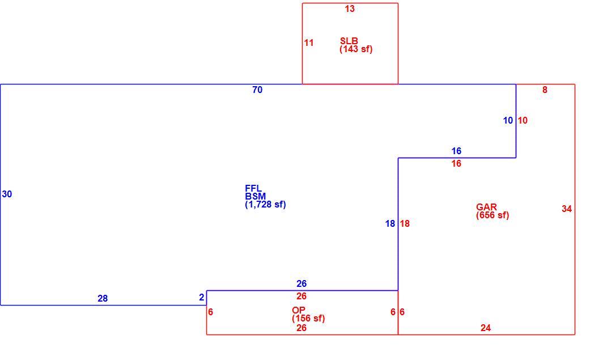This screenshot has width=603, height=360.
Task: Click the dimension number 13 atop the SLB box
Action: click(350, 9)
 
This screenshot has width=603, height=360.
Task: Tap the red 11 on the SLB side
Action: click(309, 43)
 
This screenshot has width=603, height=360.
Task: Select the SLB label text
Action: click(349, 41)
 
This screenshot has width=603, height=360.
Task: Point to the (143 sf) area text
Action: click(356, 49)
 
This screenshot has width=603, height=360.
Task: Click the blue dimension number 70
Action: click(257, 90)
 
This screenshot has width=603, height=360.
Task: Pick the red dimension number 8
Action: click(545, 90)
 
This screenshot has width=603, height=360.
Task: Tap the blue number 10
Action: click(508, 120)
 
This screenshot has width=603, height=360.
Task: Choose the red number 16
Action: click(456, 163)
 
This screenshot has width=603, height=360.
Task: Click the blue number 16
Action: click(456, 151)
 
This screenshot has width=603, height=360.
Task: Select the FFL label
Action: click(253, 188)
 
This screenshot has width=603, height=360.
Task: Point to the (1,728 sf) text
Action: click(265, 205)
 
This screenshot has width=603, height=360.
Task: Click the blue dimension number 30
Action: click(7, 194)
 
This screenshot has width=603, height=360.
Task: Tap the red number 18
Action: click(405, 223)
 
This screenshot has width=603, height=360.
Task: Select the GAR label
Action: click(486, 207)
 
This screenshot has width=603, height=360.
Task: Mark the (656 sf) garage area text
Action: click(492, 215)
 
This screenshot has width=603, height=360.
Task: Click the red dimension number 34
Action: click(567, 209)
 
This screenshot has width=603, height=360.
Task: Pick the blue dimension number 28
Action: click(103, 298)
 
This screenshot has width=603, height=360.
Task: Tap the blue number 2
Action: click(202, 297)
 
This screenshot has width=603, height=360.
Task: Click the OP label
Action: click(299, 310)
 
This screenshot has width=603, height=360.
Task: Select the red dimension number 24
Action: click(485, 328)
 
